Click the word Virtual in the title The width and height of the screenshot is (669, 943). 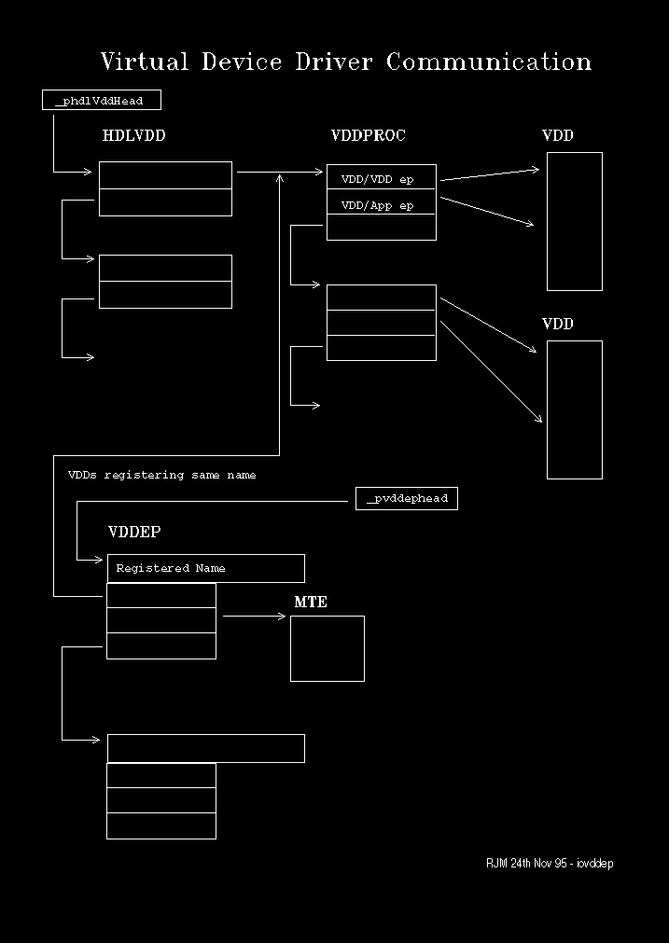145,62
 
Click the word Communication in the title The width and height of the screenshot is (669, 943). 489,62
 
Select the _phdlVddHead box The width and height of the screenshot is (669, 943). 102,100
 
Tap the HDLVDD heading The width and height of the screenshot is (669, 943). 133,135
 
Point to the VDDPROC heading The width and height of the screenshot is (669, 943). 369,135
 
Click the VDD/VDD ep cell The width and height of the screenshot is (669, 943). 382,177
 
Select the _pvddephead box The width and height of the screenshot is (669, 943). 407,499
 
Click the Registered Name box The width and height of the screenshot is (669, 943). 206,568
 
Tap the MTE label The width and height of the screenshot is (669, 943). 311,602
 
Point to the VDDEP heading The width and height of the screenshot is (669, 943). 134,533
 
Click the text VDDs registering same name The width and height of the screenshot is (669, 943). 161,475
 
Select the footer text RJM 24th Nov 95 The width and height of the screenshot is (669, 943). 526,864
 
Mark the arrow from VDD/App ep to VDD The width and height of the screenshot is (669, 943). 487,211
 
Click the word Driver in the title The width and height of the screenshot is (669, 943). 333,62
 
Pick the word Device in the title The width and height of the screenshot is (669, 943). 242,62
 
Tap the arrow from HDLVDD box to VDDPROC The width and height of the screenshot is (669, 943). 280,172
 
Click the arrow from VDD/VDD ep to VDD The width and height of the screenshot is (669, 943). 490,175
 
